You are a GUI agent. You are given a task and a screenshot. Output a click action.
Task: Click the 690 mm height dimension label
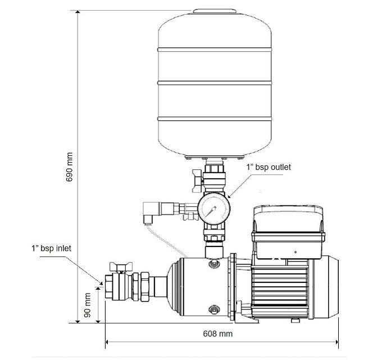click(x=70, y=167)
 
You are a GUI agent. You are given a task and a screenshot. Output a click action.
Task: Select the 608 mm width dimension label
click(x=218, y=334)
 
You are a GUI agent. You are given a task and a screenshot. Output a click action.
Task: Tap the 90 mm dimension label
click(x=87, y=305)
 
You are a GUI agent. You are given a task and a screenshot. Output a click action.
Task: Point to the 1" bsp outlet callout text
click(x=269, y=167)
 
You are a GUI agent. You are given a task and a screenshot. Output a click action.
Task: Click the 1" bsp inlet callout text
click(x=52, y=248)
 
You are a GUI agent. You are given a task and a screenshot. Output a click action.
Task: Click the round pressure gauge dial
click(x=214, y=209)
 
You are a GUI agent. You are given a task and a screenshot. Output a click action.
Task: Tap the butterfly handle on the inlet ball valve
click(x=121, y=266)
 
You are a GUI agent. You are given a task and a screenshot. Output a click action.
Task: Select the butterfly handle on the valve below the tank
click(x=197, y=181)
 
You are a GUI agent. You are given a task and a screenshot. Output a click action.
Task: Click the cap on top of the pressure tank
click(x=215, y=11)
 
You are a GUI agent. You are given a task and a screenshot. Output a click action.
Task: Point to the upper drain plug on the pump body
click(x=214, y=263)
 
